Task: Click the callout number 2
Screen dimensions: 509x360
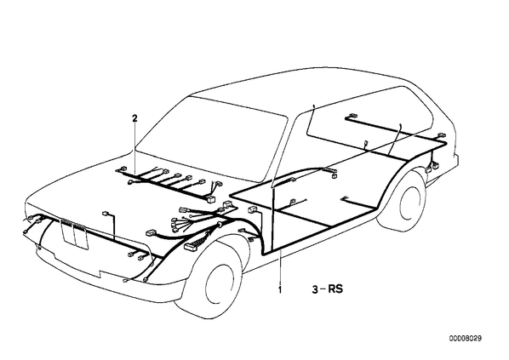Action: pyautogui.click(x=134, y=118)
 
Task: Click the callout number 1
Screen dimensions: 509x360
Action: pyautogui.click(x=280, y=289)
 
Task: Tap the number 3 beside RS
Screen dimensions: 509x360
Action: pyautogui.click(x=315, y=289)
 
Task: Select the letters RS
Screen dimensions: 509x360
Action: pyautogui.click(x=335, y=289)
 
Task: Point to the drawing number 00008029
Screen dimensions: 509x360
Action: pyautogui.click(x=466, y=339)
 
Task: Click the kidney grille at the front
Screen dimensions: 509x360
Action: pyautogui.click(x=75, y=232)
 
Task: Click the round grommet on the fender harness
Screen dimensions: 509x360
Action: pyautogui.click(x=220, y=224)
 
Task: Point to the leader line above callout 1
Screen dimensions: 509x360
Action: pyautogui.click(x=280, y=266)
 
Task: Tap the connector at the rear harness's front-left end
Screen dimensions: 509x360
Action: pyautogui.click(x=351, y=116)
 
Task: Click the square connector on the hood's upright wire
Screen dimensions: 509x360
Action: pyautogui.click(x=106, y=214)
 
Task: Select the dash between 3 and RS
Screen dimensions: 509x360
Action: pyautogui.click(x=323, y=289)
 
